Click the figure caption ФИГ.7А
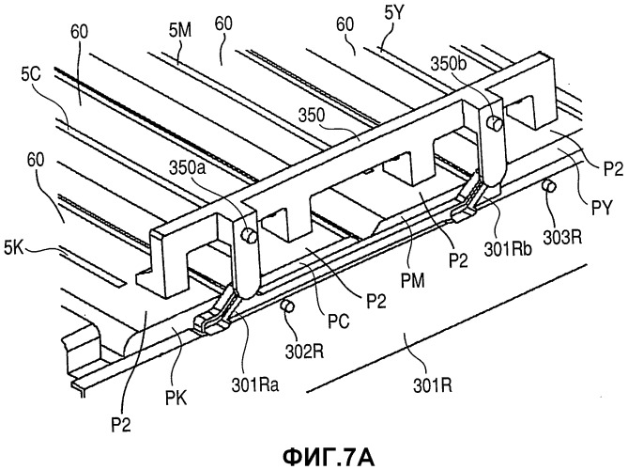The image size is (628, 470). click(328, 456)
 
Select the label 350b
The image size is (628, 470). click(449, 63)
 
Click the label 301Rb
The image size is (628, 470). click(508, 249)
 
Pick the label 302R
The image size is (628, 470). click(304, 352)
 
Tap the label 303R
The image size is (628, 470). click(562, 238)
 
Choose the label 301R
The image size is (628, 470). click(433, 385)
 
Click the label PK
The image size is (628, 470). click(176, 399)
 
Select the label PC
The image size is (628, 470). click(339, 321)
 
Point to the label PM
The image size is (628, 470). click(412, 280)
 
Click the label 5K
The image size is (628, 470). click(14, 248)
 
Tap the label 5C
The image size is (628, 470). click(31, 75)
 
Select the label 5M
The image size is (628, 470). click(180, 31)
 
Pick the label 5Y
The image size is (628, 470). click(395, 14)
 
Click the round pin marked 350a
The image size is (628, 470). click(251, 235)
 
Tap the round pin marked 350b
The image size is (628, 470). click(495, 122)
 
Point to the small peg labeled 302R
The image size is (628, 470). click(287, 306)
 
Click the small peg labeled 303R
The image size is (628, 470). click(548, 186)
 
